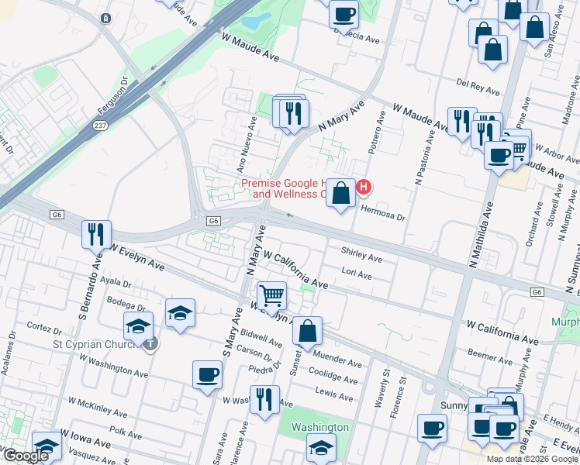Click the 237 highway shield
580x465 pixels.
click(x=102, y=123)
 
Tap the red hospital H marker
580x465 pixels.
click(x=362, y=187)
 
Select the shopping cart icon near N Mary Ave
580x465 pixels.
click(x=271, y=294)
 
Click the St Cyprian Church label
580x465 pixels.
click(x=98, y=343)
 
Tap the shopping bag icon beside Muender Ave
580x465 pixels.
click(x=308, y=331)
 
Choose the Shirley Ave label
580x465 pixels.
click(x=361, y=257)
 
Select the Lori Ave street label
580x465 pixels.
click(x=357, y=275)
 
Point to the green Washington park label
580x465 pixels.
click(x=319, y=427)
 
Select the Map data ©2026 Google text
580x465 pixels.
click(x=532, y=459)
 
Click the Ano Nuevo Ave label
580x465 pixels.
click(x=247, y=145)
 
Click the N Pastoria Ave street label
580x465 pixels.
click(x=424, y=156)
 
